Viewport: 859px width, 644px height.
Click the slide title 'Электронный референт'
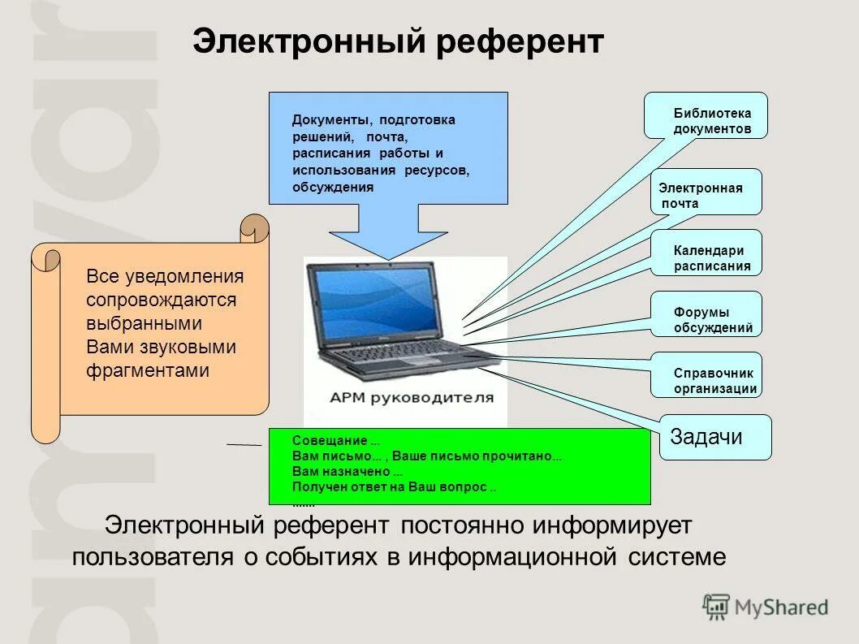click(398, 41)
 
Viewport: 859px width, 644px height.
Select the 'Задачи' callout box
click(714, 437)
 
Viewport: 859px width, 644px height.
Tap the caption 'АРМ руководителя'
click(411, 398)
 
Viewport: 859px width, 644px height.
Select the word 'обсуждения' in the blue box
click(333, 187)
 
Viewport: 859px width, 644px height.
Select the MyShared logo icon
click(716, 607)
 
